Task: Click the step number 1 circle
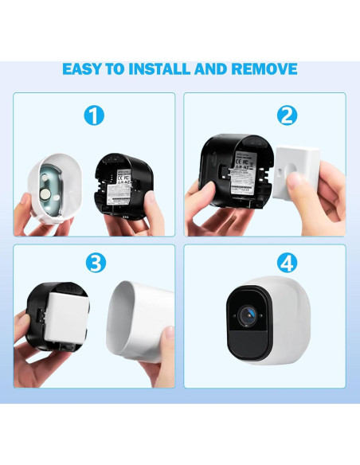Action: [94, 116]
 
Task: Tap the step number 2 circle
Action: [287, 116]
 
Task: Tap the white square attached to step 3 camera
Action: [67, 319]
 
